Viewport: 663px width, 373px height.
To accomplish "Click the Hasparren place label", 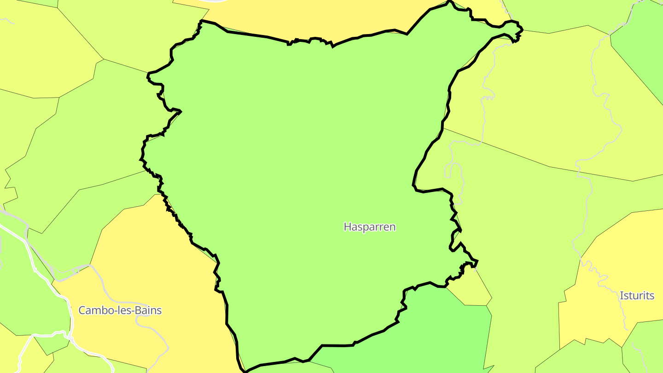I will click(369, 227).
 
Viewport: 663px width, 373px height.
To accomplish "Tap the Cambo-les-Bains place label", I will click(120, 310).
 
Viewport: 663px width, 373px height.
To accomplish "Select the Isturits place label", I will click(637, 296).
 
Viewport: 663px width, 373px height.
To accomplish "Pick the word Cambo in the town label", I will click(93, 310).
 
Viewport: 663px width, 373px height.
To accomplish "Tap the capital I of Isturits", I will click(622, 296).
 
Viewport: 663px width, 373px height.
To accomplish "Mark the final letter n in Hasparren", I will click(393, 227).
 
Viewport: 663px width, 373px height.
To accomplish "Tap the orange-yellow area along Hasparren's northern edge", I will click(322, 18).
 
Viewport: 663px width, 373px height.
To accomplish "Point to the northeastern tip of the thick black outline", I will click(522, 30).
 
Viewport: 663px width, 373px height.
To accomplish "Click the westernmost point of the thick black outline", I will click(140, 159).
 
